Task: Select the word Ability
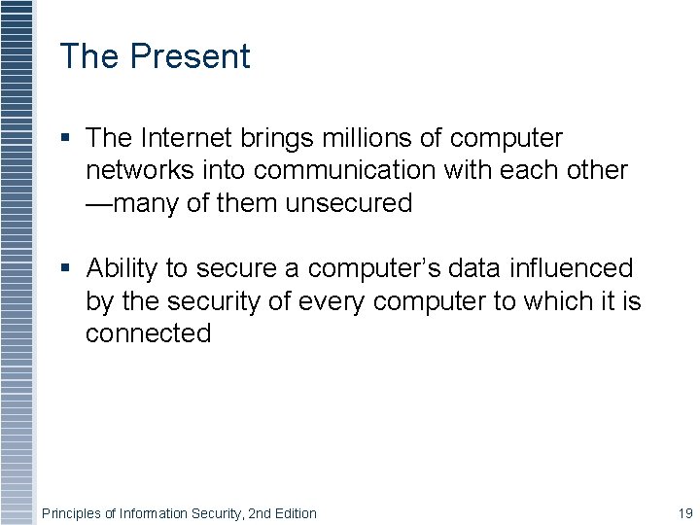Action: (x=122, y=268)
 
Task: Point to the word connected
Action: (x=148, y=333)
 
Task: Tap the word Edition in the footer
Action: (x=294, y=513)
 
